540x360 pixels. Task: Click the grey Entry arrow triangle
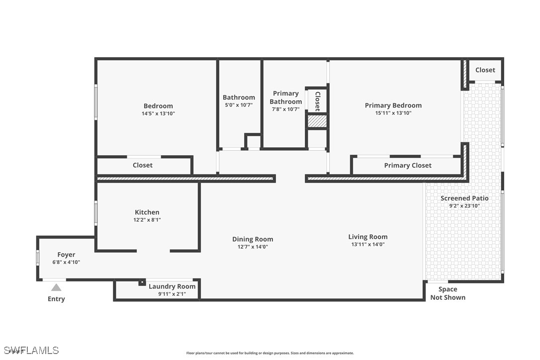pos(56,287)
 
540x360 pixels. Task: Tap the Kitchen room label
pos(147,212)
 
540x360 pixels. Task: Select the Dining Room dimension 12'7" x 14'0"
pos(253,247)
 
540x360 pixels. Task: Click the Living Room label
pos(368,237)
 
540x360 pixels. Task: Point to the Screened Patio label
pos(464,198)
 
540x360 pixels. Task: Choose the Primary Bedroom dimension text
pos(393,113)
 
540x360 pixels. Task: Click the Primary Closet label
pos(408,166)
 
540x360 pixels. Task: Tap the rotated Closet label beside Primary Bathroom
pos(318,101)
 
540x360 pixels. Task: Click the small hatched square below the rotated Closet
pos(317,121)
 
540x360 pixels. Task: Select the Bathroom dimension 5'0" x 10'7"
pos(239,105)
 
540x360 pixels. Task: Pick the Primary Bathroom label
pos(286,97)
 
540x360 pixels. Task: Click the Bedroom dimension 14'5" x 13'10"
pos(159,114)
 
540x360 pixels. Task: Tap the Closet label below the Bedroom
pos(143,165)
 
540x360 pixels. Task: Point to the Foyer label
pos(66,255)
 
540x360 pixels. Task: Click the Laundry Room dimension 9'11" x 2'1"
pos(172,294)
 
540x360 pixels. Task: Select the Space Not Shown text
pos(448,293)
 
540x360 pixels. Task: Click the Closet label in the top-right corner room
pos(485,70)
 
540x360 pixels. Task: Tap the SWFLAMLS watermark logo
pos(31,351)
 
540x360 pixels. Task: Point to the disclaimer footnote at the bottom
pos(270,353)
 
